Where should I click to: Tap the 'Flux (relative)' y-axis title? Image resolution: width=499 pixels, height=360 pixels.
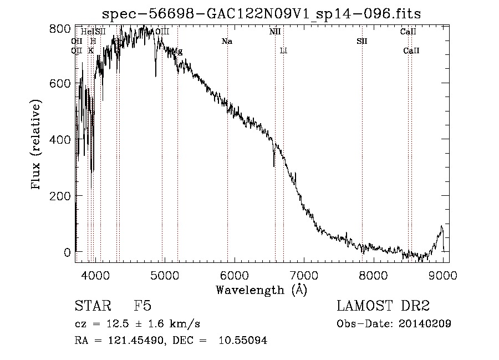37,145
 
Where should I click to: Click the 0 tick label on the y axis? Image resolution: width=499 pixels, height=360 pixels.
67,252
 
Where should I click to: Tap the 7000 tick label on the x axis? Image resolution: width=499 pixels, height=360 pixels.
304,273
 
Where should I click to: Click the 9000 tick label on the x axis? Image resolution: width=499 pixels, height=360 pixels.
443,273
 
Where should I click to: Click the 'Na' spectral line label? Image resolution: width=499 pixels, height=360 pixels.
227,41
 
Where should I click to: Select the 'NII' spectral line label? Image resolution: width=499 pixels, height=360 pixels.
275,32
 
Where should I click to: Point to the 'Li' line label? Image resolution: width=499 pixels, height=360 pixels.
283,50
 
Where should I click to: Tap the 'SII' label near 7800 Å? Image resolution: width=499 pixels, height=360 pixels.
362,41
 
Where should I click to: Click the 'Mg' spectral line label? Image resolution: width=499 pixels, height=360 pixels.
177,51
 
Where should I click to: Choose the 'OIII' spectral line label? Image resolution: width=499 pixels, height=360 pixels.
162,32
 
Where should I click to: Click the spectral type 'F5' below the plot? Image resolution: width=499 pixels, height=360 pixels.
142,307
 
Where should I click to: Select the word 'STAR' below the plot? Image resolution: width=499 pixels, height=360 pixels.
91,307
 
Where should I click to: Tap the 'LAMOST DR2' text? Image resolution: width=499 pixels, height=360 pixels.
383,306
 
